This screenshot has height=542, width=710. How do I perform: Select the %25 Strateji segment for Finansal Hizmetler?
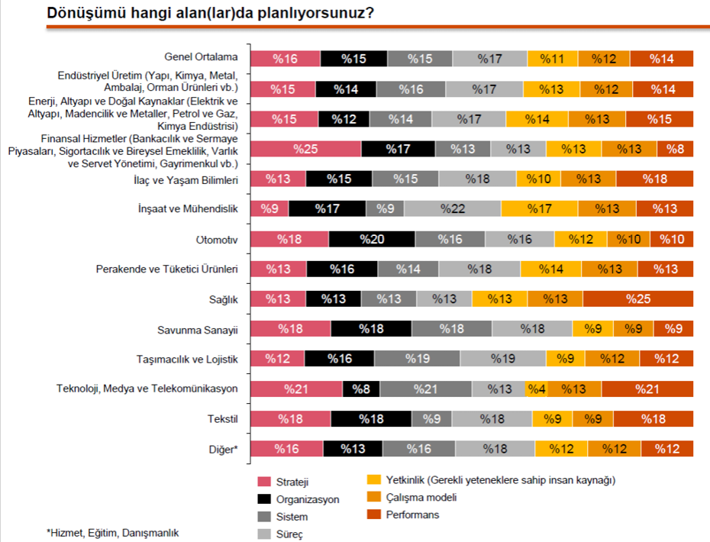(305, 149)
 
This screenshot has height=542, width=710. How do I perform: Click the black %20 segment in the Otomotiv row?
(371, 239)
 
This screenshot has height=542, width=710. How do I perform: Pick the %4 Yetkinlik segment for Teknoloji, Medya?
(536, 389)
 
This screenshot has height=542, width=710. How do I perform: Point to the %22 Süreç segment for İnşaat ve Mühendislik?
(452, 208)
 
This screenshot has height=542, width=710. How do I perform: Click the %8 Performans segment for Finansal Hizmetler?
(675, 149)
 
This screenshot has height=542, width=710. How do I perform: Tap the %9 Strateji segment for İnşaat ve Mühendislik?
(269, 208)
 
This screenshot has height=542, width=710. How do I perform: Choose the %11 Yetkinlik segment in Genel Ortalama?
(552, 59)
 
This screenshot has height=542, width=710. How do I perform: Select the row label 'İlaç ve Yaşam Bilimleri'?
(186, 179)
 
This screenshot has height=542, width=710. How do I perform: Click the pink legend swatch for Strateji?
(264, 482)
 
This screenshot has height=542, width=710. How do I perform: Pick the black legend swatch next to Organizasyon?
(264, 499)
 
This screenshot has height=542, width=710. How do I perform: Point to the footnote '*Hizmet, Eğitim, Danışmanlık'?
(107, 532)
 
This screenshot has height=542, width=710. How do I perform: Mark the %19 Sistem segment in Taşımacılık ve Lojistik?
(417, 359)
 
